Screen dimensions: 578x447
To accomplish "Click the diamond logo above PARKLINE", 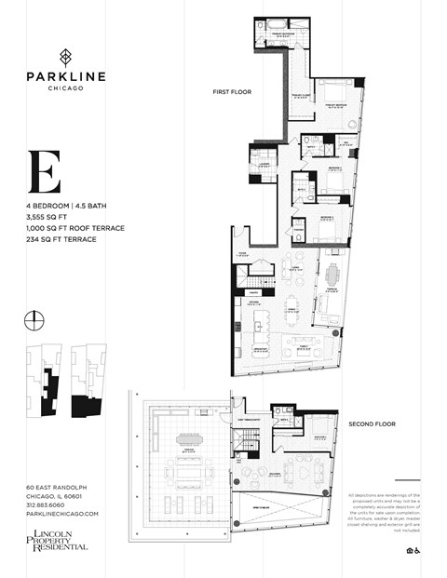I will click(64, 54).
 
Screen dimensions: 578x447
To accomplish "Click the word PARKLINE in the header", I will click(64, 75).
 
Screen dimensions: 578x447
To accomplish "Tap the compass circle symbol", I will click(34, 320).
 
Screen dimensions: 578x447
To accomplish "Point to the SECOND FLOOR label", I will click(372, 423).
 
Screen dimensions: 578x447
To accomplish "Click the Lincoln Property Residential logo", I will click(58, 540).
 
